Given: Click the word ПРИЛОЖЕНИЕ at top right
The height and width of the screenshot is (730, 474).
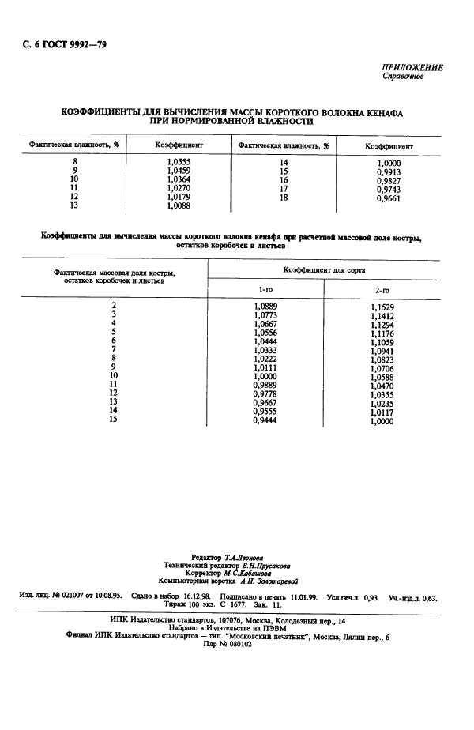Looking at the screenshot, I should (412, 68).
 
